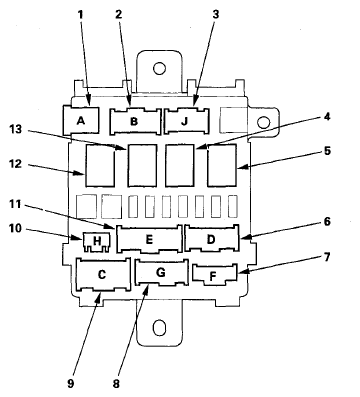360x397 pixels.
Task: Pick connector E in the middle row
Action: [x=148, y=240]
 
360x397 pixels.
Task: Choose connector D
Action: [x=212, y=240]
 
